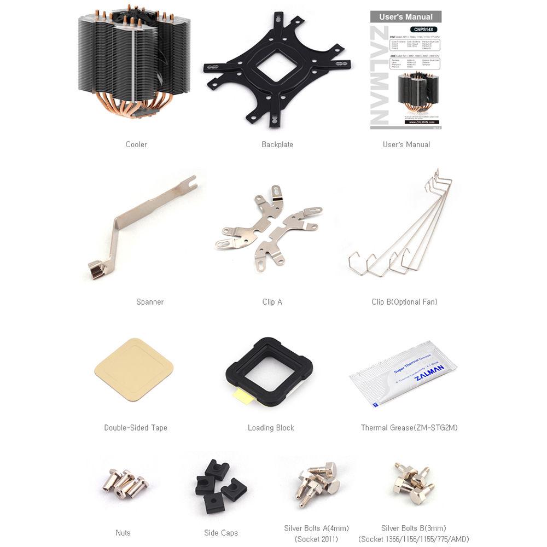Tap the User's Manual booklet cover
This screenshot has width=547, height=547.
click(406, 70)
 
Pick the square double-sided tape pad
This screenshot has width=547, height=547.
click(134, 370)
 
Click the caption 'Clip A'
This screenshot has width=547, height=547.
click(272, 302)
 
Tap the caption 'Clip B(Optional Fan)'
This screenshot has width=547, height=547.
click(404, 302)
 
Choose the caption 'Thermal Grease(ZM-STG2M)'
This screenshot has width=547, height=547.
click(409, 428)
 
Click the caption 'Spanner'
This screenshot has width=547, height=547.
click(150, 302)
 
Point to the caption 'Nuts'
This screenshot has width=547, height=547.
click(123, 533)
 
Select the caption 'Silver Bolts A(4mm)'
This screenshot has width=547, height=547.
click(316, 528)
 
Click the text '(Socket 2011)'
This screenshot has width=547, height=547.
click(316, 539)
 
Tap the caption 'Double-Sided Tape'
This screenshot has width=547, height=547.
click(136, 428)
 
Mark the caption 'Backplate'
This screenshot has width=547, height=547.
click(277, 144)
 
